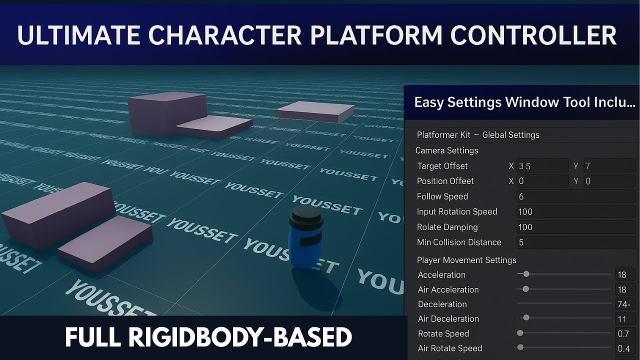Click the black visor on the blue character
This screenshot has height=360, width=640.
[x=310, y=240]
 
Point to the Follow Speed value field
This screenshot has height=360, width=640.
[x=575, y=196]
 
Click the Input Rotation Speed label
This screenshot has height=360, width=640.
[x=457, y=211]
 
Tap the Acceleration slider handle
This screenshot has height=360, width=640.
[x=526, y=274]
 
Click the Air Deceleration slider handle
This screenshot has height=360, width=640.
[x=526, y=317]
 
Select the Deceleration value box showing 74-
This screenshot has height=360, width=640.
[x=624, y=304]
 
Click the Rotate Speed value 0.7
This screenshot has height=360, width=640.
[x=623, y=333]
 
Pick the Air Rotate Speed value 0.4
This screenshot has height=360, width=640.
[x=623, y=348]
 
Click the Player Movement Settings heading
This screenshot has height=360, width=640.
[x=466, y=260]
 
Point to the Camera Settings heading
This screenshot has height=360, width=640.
[x=447, y=150]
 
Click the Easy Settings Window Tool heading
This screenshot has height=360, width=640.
[x=524, y=102]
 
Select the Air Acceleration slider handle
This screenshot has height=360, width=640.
[x=525, y=289]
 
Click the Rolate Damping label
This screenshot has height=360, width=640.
[x=447, y=227]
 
